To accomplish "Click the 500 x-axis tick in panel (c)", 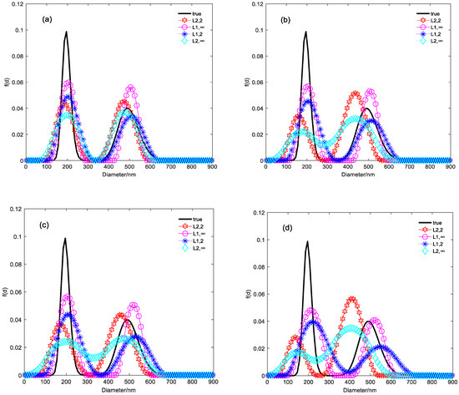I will pos(129,380).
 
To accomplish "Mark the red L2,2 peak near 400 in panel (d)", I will pos(351,299).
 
